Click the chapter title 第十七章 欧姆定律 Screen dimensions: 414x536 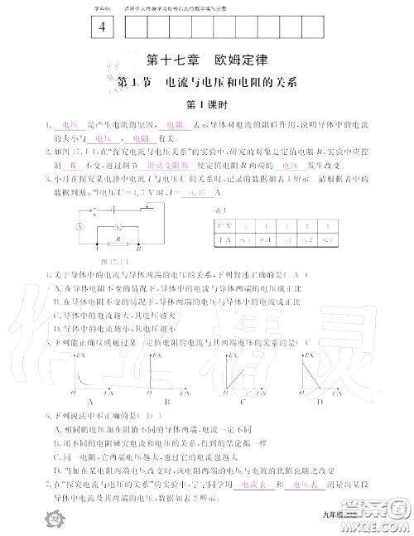point(208,60)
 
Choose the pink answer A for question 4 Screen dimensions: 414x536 point(293,274)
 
